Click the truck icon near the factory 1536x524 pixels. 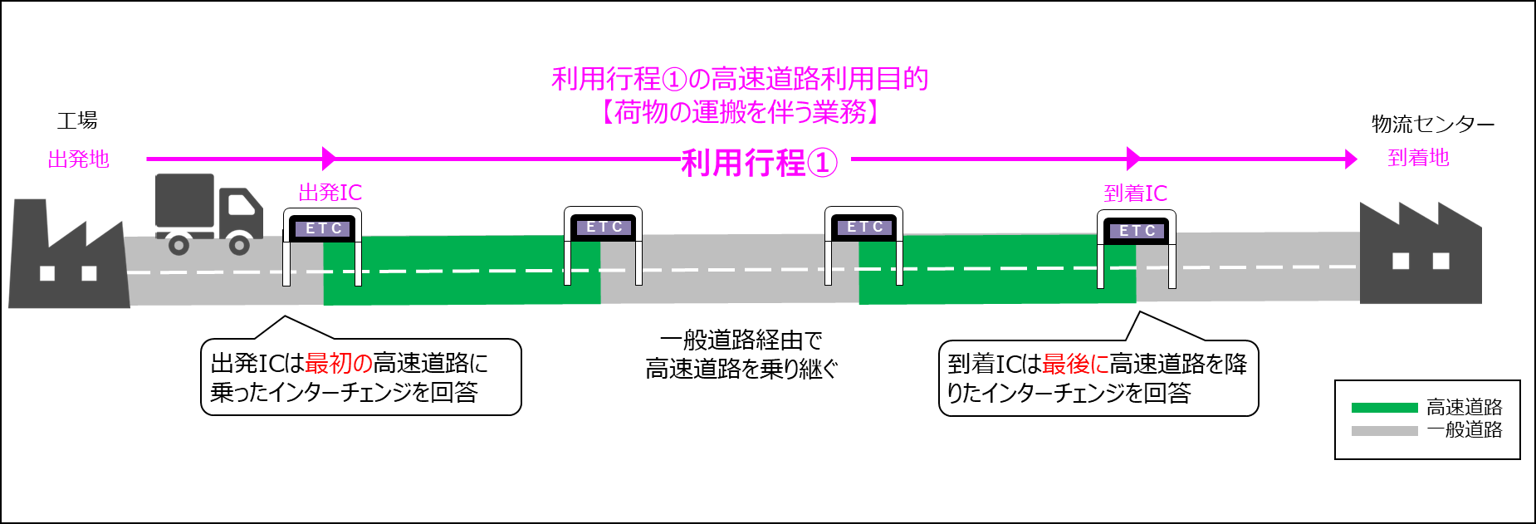(208, 212)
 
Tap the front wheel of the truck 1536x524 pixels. (239, 245)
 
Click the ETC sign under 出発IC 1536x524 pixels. (323, 228)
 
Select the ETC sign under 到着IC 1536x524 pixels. (1137, 231)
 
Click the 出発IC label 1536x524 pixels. (330, 193)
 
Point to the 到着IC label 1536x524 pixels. (1135, 193)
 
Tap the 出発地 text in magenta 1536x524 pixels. (78, 159)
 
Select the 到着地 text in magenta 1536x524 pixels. (1418, 158)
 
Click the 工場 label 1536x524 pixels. (77, 121)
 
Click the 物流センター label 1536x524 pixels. (1432, 125)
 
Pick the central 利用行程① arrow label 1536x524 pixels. (759, 163)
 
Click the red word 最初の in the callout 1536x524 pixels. (339, 363)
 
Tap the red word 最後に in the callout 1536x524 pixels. (1075, 364)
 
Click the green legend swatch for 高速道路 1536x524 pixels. (1384, 407)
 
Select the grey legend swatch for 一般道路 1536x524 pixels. (1384, 430)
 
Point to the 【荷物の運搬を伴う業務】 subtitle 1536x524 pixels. (740, 112)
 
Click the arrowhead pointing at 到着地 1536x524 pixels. (1351, 159)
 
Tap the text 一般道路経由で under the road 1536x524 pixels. (741, 340)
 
